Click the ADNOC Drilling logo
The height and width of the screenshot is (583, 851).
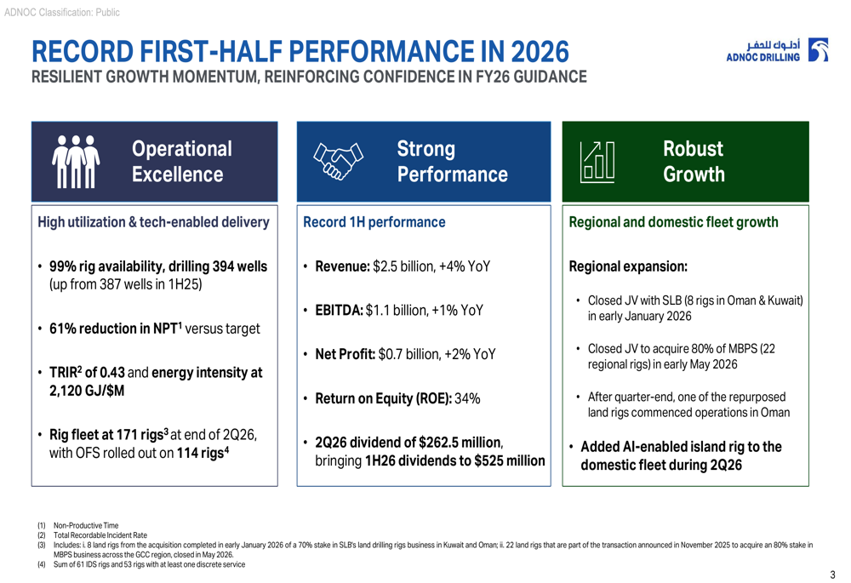(777, 50)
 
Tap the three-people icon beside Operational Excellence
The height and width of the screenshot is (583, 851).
(76, 162)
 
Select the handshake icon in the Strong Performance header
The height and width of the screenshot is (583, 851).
(338, 161)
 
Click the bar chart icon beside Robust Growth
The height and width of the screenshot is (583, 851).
(597, 162)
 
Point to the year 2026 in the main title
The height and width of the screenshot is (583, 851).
(540, 52)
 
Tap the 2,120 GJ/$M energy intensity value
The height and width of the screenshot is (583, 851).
(87, 391)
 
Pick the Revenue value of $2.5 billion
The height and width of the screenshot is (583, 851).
(403, 266)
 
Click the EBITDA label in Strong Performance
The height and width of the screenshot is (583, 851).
(340, 311)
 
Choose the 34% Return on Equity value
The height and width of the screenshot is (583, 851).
(467, 398)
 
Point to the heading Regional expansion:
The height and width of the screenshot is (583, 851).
(628, 266)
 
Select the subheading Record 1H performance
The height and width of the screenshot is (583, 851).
(374, 222)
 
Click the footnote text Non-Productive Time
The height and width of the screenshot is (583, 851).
(86, 525)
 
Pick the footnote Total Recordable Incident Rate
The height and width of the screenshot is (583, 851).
(100, 535)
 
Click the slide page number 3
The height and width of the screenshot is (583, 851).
(832, 574)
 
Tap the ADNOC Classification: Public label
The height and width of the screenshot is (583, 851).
(62, 13)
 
